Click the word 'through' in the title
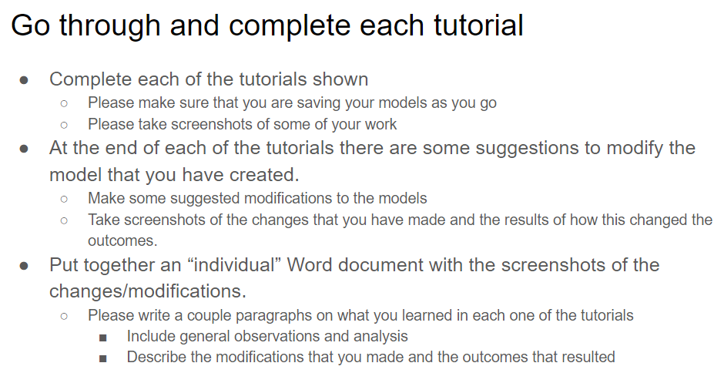pyautogui.click(x=109, y=26)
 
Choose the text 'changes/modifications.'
pyautogui.click(x=148, y=291)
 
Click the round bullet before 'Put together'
pyautogui.click(x=24, y=266)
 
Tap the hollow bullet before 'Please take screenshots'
pyautogui.click(x=64, y=125)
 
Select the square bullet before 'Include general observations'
pyautogui.click(x=103, y=338)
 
